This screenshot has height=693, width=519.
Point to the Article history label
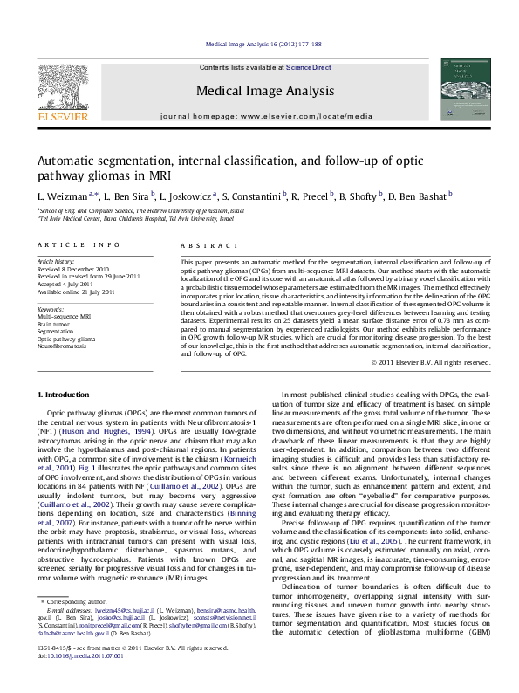click(52, 261)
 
